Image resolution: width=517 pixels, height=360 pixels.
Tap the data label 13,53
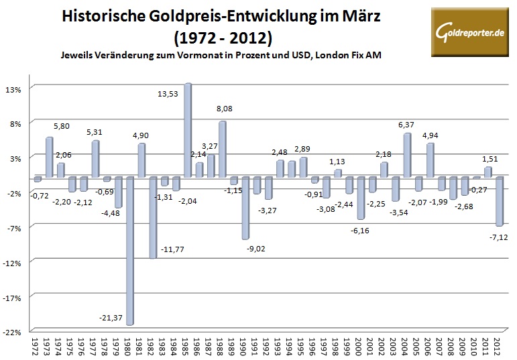(x=168, y=75)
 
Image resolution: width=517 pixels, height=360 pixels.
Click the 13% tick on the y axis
(x=15, y=88)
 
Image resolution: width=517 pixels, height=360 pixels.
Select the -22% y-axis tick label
(x=15, y=332)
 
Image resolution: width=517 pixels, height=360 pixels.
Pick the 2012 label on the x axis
(x=498, y=347)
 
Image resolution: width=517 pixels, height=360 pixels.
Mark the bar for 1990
(x=245, y=208)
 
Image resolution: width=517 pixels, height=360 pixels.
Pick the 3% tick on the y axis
(x=17, y=158)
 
